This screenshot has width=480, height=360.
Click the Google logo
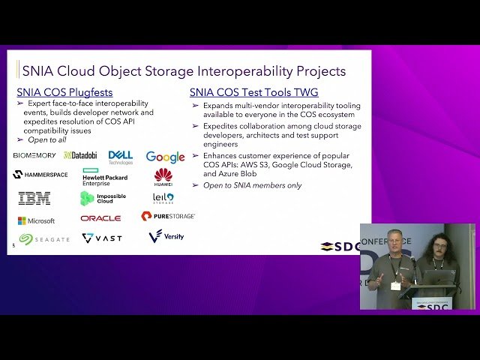(x=165, y=157)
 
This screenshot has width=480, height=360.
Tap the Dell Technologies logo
(x=121, y=156)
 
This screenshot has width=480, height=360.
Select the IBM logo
(x=34, y=198)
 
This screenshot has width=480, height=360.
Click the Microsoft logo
(x=37, y=220)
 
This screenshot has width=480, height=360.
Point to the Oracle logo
(x=100, y=218)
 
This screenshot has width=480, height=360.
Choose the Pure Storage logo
(x=168, y=216)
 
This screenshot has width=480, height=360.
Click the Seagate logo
(x=44, y=238)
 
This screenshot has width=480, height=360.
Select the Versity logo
(x=166, y=236)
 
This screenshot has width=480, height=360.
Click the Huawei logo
(x=163, y=177)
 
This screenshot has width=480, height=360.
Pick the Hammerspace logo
(x=40, y=175)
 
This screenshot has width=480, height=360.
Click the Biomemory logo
(x=34, y=155)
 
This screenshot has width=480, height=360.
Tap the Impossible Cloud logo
(x=103, y=198)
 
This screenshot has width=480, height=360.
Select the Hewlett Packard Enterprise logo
(x=105, y=176)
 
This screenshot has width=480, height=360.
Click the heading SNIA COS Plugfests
(x=64, y=92)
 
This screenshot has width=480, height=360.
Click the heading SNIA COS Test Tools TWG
(x=253, y=92)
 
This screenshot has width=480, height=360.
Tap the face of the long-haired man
(x=437, y=247)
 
